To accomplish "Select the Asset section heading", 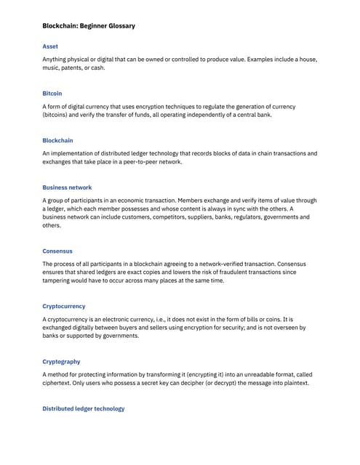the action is pyautogui.click(x=50, y=46).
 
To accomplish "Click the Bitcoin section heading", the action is pyautogui.click(x=52, y=94).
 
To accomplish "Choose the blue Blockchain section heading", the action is pyautogui.click(x=57, y=140).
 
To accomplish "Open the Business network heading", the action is pyautogui.click(x=67, y=187).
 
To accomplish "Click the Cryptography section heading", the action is pyautogui.click(x=61, y=362).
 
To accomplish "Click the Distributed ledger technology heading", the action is pyautogui.click(x=84, y=409).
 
